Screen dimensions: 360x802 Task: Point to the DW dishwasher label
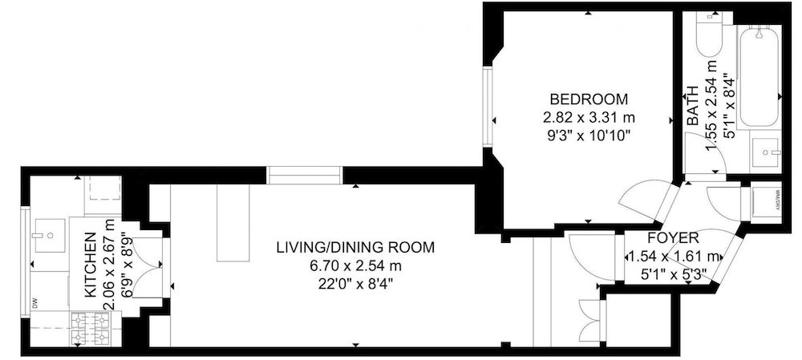(35, 303)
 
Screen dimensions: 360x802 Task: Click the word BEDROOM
(587, 99)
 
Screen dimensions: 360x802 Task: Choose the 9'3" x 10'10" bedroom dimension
(587, 134)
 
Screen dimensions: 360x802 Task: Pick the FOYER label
(672, 238)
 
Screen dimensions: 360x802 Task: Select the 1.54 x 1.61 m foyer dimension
(672, 257)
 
